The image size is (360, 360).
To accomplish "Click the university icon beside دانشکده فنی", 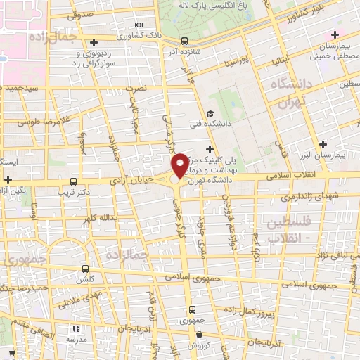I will [210, 113].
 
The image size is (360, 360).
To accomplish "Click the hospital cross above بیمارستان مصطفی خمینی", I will [335, 34].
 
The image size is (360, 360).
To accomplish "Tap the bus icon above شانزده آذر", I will [184, 41].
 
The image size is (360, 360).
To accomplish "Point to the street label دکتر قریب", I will [75, 191].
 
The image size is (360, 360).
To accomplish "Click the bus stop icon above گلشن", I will [86, 268].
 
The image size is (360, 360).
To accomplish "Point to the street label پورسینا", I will [233, 61].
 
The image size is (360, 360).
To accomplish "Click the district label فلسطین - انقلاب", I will [294, 231].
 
